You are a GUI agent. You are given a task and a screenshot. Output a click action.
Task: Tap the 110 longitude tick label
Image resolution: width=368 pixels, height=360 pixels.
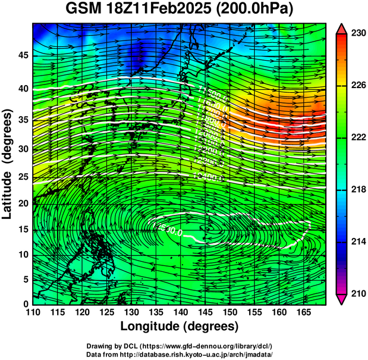[33, 312]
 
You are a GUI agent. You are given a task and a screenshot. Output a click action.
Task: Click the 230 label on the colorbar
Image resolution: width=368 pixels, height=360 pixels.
[358, 33]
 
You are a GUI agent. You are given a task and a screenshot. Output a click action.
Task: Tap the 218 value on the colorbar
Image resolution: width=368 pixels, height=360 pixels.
[358, 189]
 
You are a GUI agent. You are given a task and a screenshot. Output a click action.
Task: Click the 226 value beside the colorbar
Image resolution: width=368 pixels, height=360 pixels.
[358, 86]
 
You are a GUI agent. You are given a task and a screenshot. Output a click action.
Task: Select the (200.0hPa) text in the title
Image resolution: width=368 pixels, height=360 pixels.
[255, 10]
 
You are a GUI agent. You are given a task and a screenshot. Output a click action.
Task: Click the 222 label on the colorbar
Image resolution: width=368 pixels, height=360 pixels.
[358, 137]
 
